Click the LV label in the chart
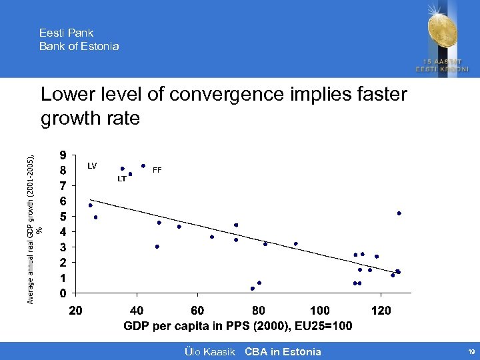click(x=93, y=165)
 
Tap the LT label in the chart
click(x=122, y=179)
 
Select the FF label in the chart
click(x=157, y=170)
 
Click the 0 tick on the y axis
click(x=62, y=293)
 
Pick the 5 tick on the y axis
click(x=62, y=216)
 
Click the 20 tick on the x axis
click(x=75, y=311)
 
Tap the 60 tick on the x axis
click(x=197, y=311)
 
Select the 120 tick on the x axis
click(x=381, y=311)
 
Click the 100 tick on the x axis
click(x=319, y=311)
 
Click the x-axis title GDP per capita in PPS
click(x=238, y=327)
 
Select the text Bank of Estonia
click(x=79, y=46)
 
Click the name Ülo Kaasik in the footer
click(x=208, y=351)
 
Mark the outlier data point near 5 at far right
click(x=399, y=213)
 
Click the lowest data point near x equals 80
click(x=253, y=289)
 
